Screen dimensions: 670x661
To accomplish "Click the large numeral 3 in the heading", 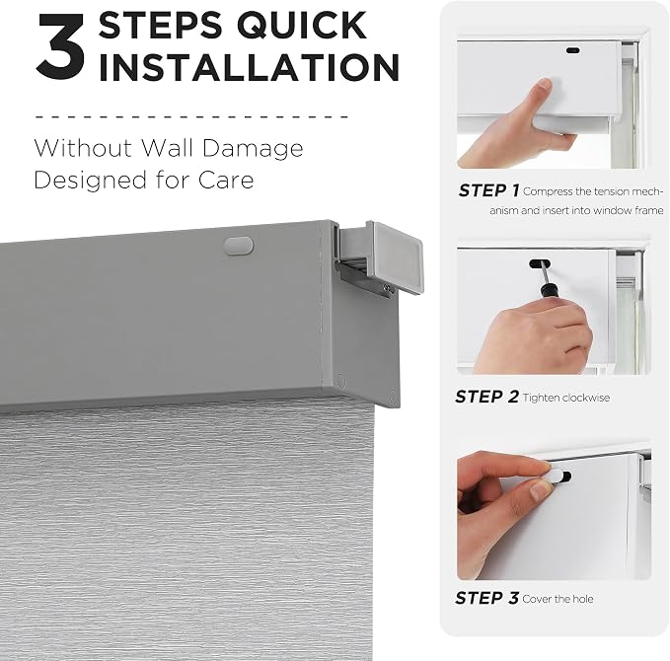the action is click(60, 45).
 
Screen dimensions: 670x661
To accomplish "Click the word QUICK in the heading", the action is click(302, 26).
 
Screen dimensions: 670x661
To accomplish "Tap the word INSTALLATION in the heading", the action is click(249, 67).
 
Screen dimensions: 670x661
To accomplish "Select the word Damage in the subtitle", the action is click(252, 149).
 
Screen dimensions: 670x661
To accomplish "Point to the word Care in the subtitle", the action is click(226, 180).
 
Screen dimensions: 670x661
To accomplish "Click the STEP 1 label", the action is click(488, 190).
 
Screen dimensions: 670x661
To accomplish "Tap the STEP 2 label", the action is click(486, 397).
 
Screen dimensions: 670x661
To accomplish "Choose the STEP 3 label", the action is click(486, 598).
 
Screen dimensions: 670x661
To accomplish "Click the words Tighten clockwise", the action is click(566, 398).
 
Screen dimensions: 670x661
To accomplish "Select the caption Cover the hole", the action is click(558, 599).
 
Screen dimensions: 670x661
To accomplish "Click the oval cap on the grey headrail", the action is click(239, 246).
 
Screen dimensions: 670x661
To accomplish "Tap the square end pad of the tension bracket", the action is click(398, 258).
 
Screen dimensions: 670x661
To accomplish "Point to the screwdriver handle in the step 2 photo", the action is click(547, 291).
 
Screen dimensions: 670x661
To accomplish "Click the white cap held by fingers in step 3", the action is click(552, 475).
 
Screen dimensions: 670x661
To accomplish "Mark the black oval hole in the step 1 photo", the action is click(572, 50).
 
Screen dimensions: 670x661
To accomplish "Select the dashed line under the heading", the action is click(191, 115).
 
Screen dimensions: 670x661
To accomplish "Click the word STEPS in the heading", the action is click(161, 26).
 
